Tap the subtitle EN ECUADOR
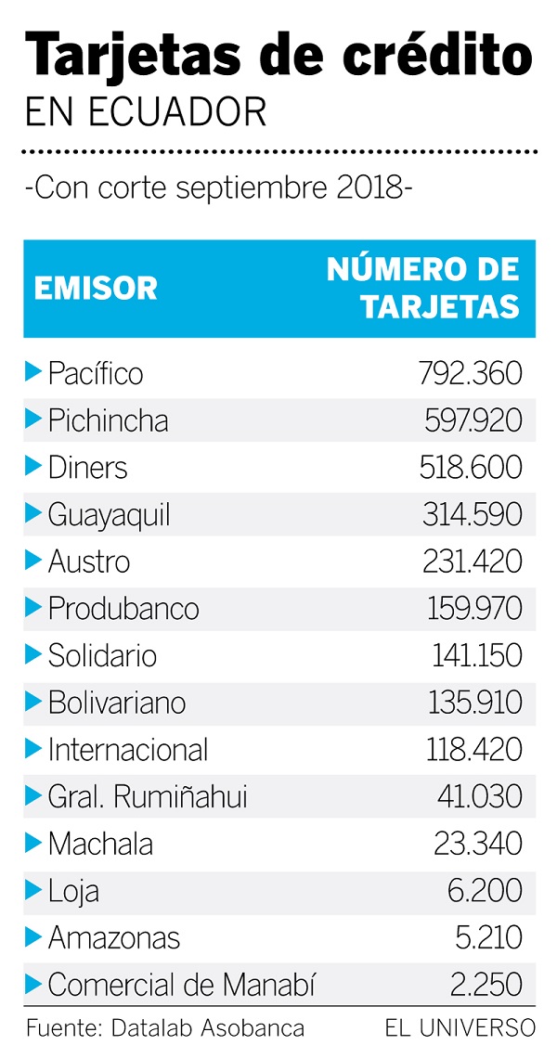point(146,113)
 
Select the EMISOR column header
point(96,289)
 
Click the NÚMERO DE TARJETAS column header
point(423,288)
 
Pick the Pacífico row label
point(96,373)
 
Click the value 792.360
point(466,373)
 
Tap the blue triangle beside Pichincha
point(33,419)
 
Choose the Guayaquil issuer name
point(109,514)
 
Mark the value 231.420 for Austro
point(473,561)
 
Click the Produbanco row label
point(123,609)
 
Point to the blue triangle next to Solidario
point(33,654)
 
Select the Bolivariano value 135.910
point(474,703)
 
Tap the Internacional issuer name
point(128,749)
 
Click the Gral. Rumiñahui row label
point(148,796)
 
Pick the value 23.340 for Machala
point(478,844)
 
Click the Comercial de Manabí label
point(181,985)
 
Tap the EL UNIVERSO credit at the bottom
point(460,1028)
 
